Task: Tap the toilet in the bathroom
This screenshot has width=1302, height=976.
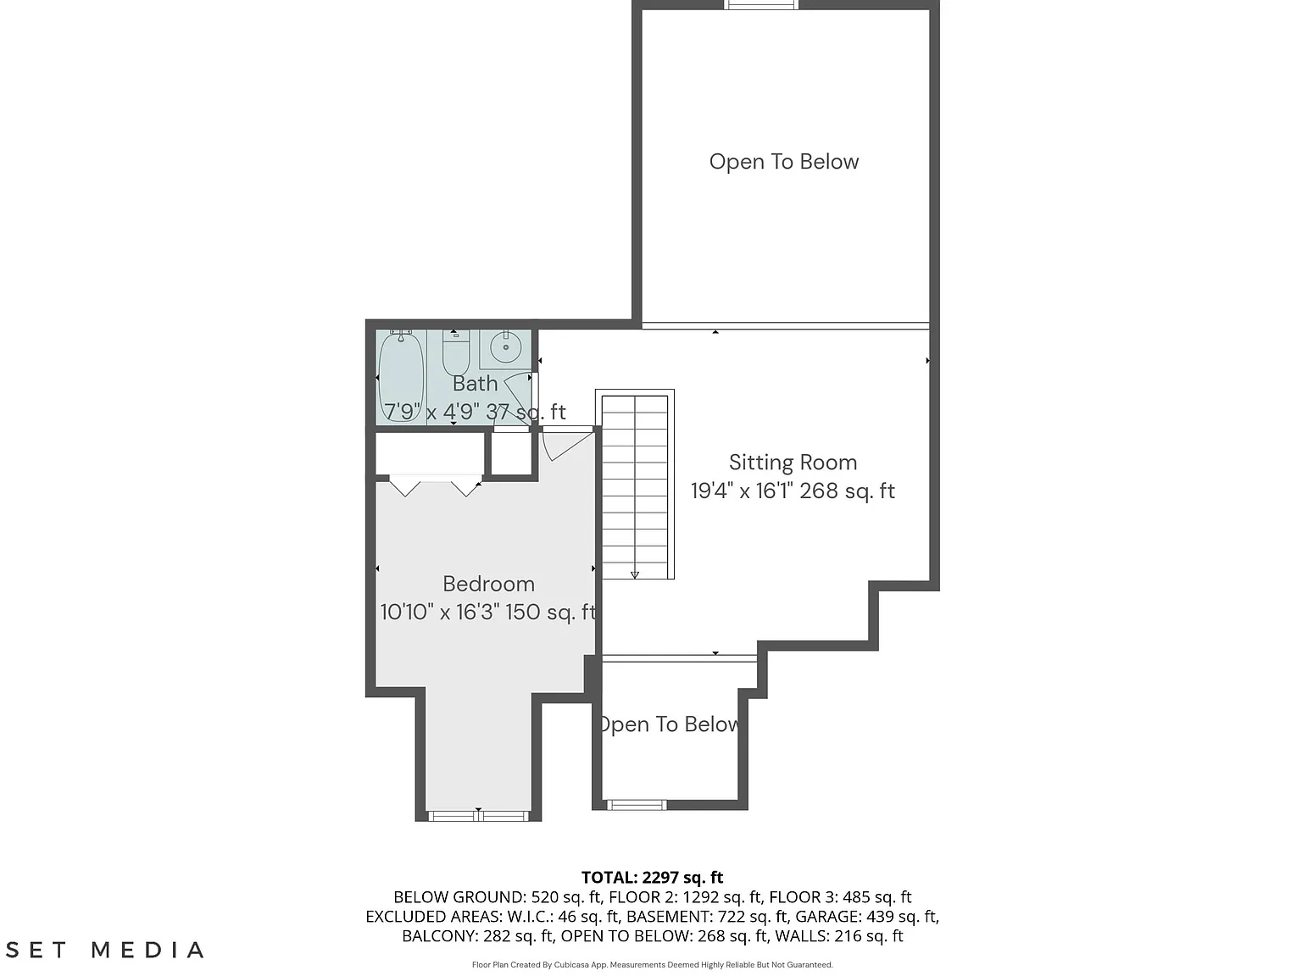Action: click(455, 353)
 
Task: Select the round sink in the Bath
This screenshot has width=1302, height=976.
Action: click(505, 348)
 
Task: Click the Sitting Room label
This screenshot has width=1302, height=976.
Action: click(793, 463)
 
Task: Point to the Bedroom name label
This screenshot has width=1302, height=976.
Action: click(489, 584)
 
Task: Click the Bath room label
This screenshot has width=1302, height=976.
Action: click(476, 384)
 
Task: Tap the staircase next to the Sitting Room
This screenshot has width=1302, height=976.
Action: click(635, 484)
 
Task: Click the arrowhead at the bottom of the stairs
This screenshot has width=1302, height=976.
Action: click(635, 574)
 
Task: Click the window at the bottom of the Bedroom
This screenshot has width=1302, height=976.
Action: click(478, 816)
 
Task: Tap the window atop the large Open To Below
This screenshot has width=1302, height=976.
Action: click(761, 5)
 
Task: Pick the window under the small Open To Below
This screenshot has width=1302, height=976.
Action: click(636, 805)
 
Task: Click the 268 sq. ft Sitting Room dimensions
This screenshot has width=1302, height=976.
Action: click(793, 491)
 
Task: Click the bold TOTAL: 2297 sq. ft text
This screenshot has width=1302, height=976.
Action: click(652, 877)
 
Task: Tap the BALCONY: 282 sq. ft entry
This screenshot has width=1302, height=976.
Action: click(478, 935)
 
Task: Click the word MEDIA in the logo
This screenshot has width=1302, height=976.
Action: click(147, 950)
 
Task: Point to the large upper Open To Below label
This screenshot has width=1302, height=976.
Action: click(783, 161)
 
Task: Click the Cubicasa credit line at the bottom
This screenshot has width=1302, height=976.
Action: click(652, 965)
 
